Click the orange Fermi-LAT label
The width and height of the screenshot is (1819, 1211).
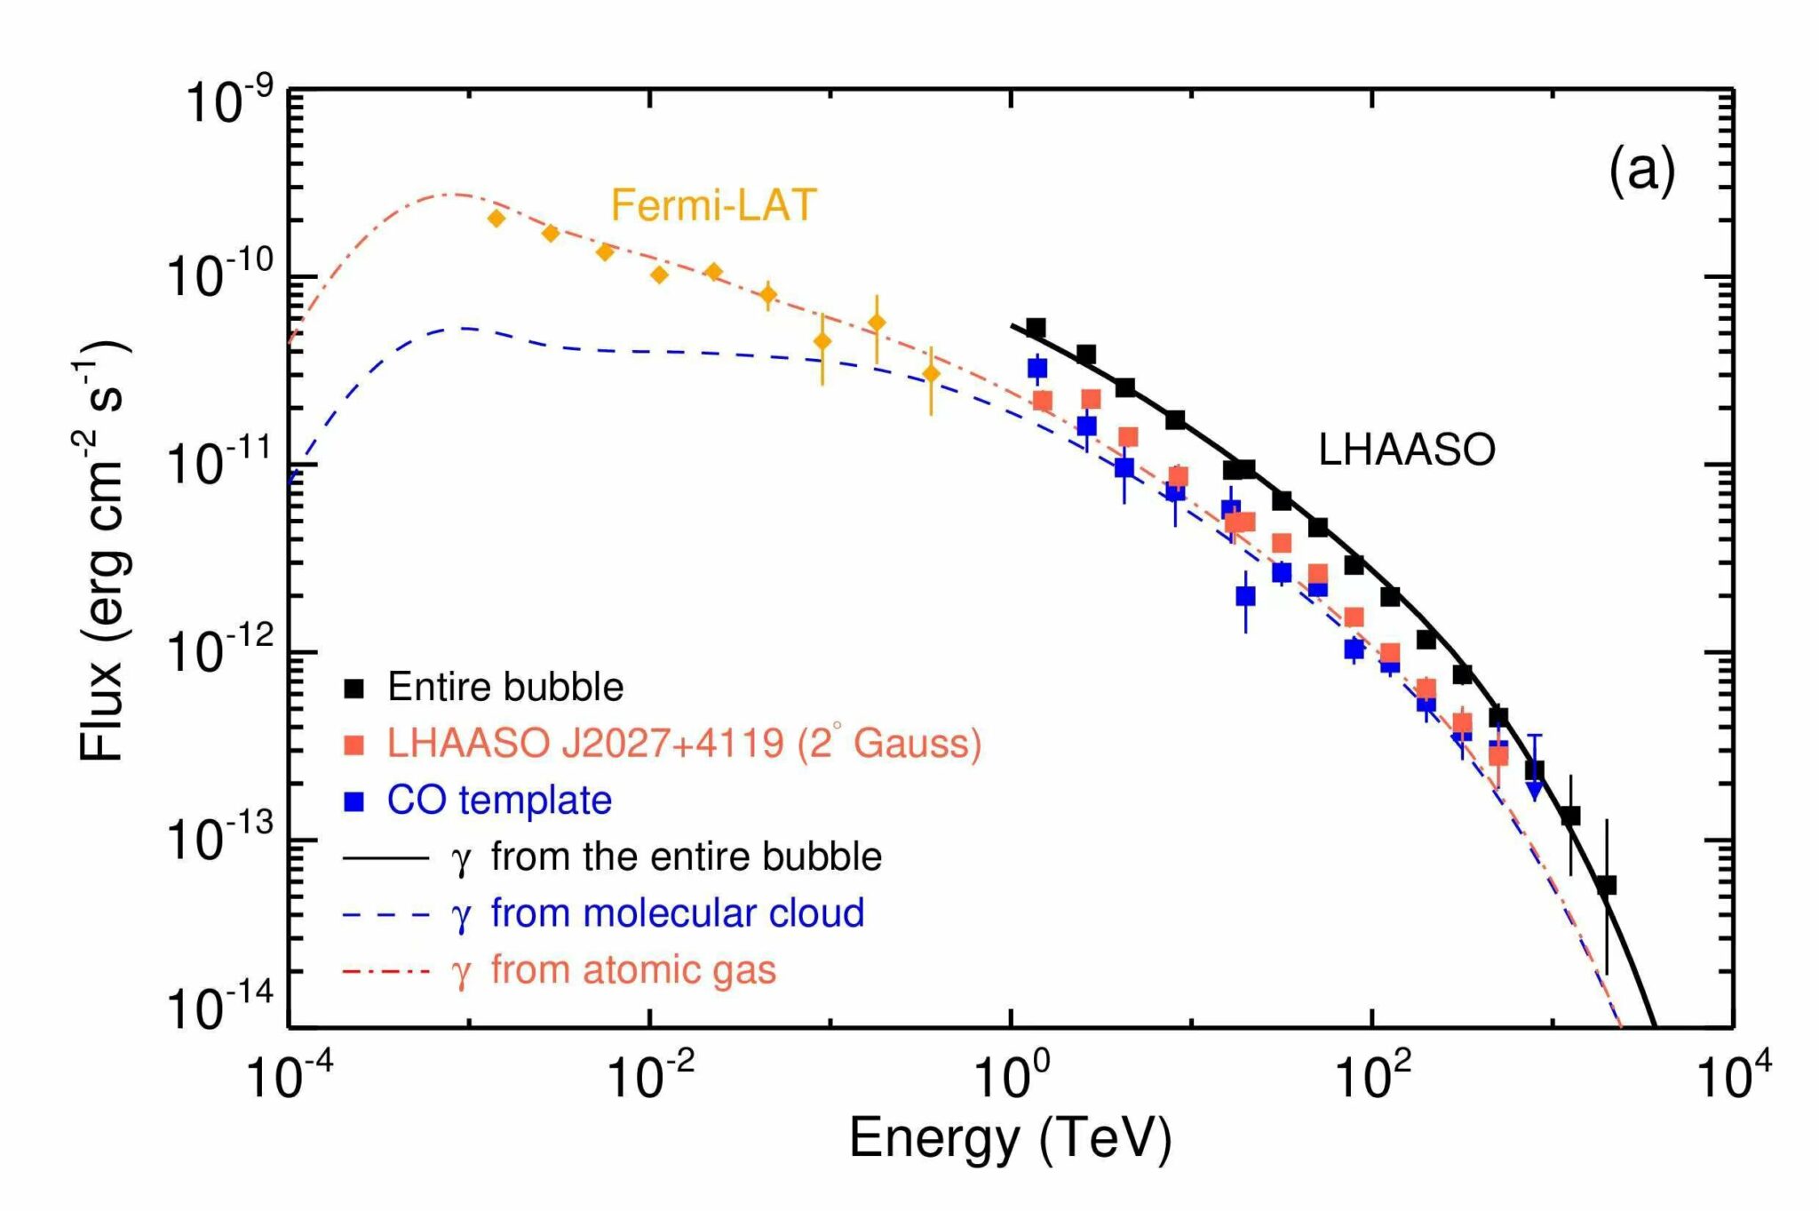[x=712, y=206]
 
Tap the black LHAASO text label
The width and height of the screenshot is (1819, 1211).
[x=1406, y=450]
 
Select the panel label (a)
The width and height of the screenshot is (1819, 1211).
[x=1641, y=170]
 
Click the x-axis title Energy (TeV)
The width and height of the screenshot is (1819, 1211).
[x=1010, y=1138]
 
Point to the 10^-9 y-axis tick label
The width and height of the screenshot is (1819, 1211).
[x=227, y=102]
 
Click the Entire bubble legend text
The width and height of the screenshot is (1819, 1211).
[x=505, y=688]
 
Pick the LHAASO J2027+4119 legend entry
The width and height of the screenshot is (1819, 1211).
[x=683, y=744]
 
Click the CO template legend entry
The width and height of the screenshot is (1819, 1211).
[x=499, y=801]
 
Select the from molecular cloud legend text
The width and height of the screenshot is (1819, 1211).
[x=677, y=913]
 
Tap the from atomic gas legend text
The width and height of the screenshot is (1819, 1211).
[x=633, y=969]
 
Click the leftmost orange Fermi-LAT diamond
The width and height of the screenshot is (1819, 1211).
[x=496, y=218]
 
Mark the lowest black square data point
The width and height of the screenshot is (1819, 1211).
[x=1606, y=885]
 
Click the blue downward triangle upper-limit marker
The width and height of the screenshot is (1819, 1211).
[x=1534, y=791]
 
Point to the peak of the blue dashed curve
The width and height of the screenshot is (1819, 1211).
[x=462, y=329]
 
